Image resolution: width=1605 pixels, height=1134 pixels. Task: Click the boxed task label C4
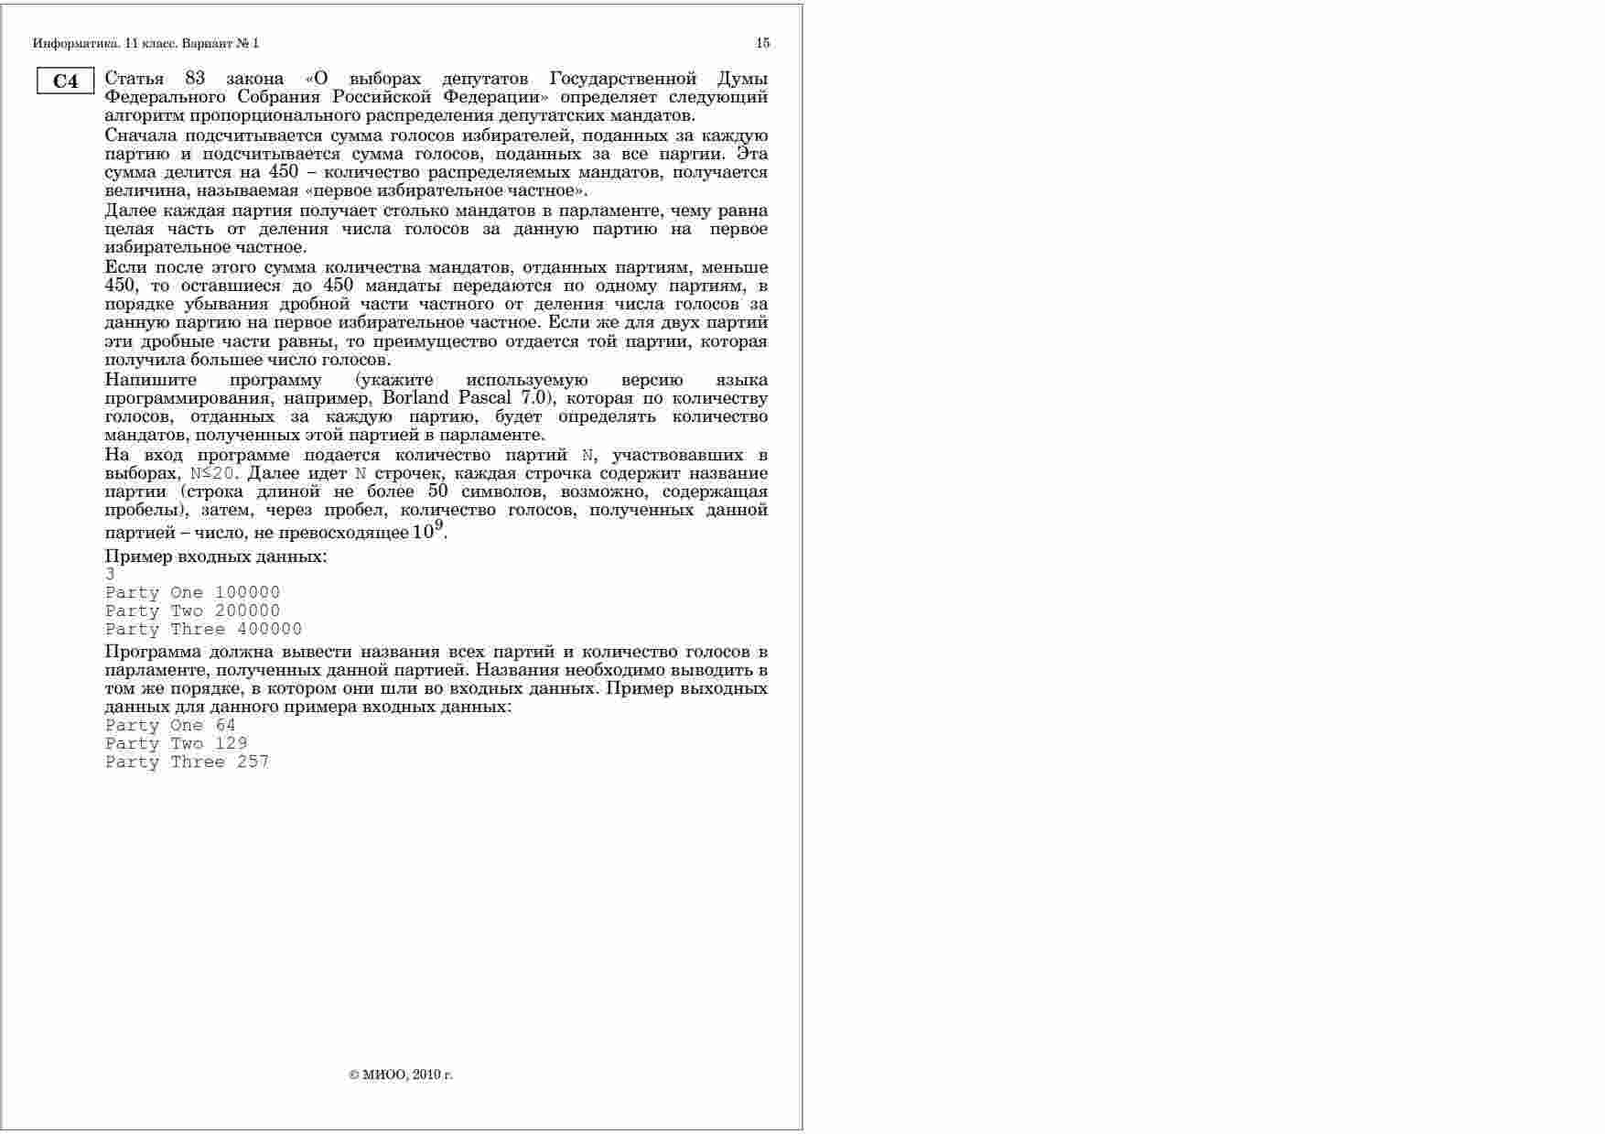(x=66, y=81)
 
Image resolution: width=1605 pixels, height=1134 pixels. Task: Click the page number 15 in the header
(x=763, y=43)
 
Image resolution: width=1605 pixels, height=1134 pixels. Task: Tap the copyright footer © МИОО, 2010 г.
(x=401, y=1075)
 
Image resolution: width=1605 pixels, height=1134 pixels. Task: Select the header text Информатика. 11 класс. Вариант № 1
(x=146, y=43)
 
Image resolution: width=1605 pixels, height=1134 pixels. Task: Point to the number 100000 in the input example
(x=247, y=593)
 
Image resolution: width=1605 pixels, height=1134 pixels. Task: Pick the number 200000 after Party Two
(x=247, y=611)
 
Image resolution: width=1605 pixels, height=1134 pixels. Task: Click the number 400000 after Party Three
(x=269, y=630)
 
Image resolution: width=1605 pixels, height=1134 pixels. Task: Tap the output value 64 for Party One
(x=225, y=726)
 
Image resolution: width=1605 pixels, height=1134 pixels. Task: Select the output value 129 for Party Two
(x=231, y=744)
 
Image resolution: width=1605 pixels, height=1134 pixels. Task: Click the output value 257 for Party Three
(x=253, y=762)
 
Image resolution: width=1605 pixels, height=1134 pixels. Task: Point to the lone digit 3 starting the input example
(x=110, y=575)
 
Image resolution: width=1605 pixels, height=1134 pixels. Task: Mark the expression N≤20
(x=212, y=474)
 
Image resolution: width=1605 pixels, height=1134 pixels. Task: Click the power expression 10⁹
(x=428, y=531)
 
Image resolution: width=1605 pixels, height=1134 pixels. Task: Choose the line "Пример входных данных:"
(x=216, y=556)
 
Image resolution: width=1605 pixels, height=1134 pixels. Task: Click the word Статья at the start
(x=135, y=79)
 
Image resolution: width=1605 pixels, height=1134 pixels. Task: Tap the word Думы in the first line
(x=742, y=79)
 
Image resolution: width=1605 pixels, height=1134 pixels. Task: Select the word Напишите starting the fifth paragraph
(x=149, y=380)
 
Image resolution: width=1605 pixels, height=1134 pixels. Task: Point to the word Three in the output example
(x=198, y=762)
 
